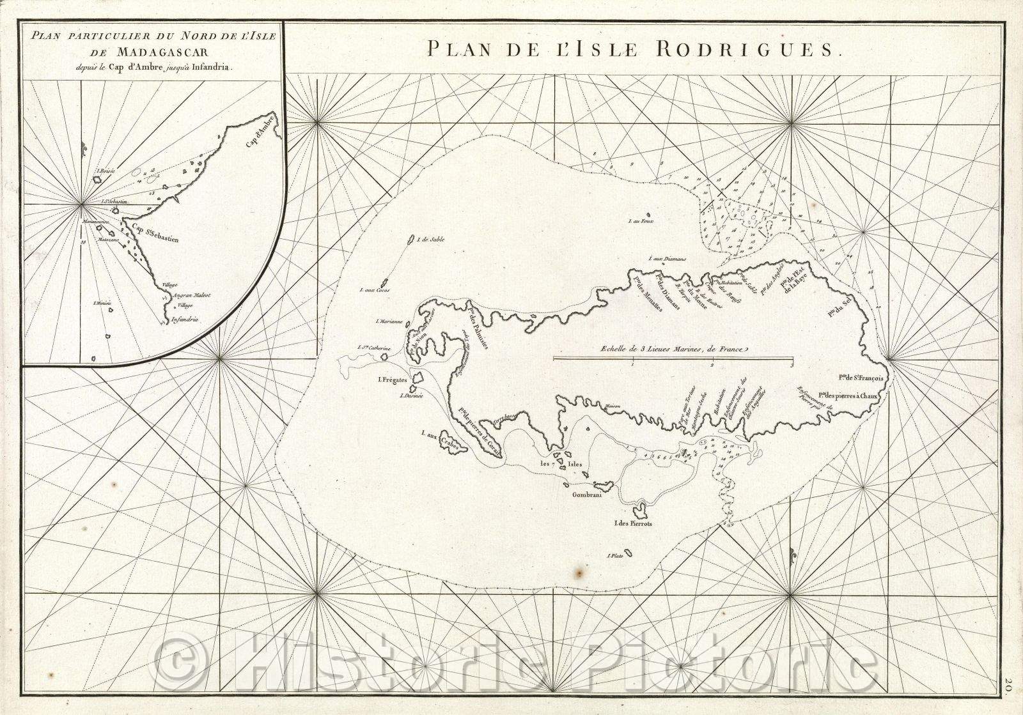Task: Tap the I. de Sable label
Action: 430,240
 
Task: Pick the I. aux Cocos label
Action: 374,291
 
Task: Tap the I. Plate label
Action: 615,555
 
